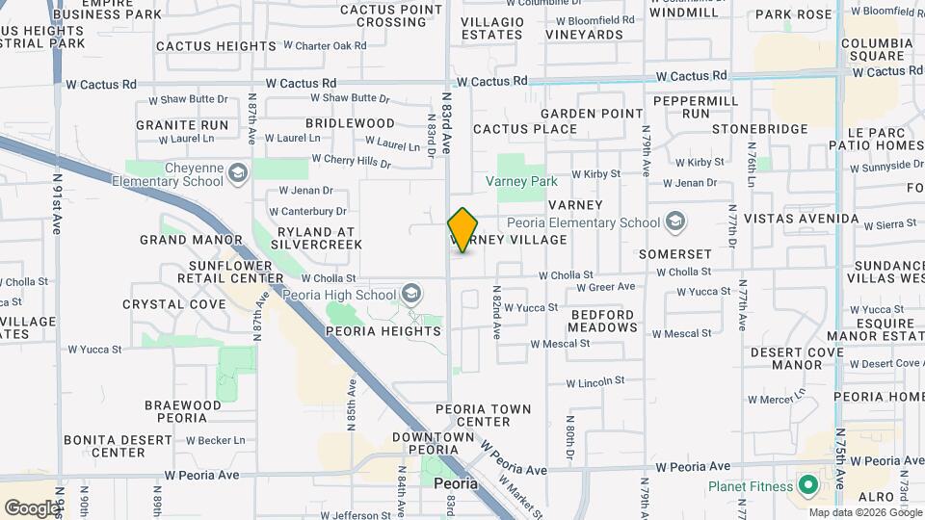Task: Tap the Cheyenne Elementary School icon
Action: click(x=237, y=173)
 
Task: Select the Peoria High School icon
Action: click(x=411, y=294)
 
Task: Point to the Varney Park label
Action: click(x=521, y=181)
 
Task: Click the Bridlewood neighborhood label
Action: click(x=350, y=123)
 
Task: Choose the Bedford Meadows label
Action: click(x=602, y=321)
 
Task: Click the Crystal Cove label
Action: click(x=174, y=304)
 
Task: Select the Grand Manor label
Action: click(x=191, y=240)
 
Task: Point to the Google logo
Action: click(x=32, y=507)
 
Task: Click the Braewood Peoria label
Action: click(x=175, y=411)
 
